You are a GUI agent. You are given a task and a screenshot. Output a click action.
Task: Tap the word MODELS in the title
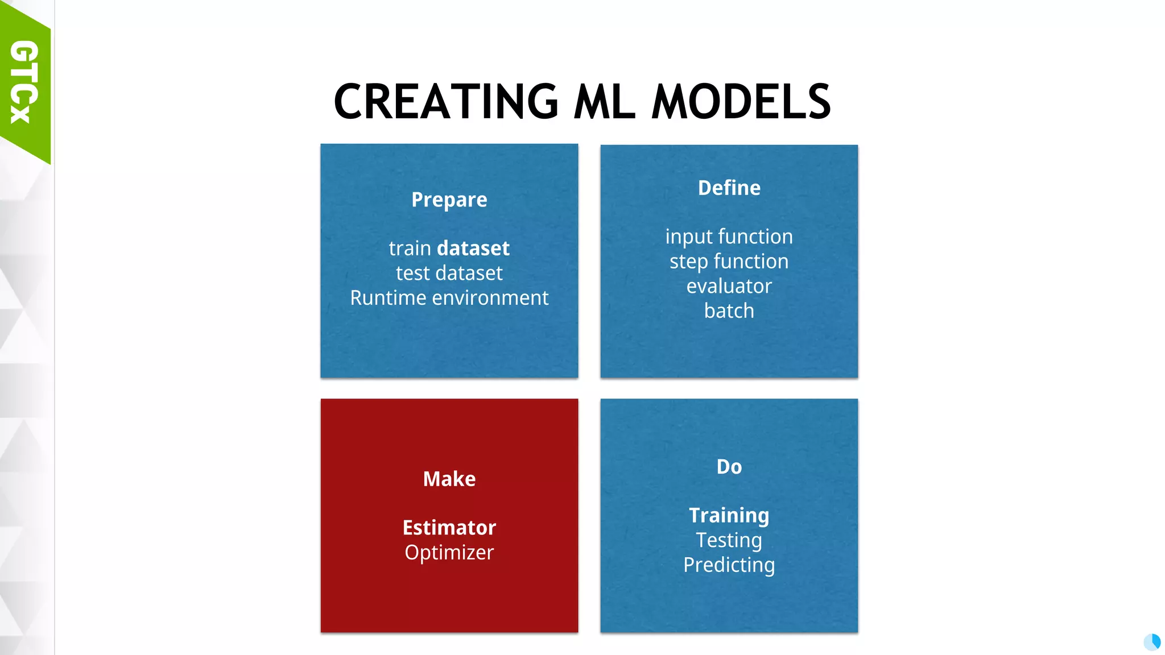tap(741, 102)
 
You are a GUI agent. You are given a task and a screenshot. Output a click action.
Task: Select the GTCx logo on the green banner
tap(24, 81)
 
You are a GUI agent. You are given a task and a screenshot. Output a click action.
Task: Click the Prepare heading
tap(449, 200)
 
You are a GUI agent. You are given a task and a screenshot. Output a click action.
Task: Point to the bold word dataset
tap(473, 248)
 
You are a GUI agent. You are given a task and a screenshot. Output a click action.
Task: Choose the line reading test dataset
tap(449, 273)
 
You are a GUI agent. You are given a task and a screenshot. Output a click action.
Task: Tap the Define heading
tap(729, 188)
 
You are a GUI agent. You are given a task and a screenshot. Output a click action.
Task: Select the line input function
tap(729, 237)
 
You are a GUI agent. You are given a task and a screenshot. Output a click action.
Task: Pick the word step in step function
tap(688, 262)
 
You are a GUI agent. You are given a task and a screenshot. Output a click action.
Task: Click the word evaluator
tap(729, 286)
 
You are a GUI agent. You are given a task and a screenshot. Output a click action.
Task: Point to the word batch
tap(729, 311)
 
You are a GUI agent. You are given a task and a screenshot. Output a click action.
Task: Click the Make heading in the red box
tap(449, 479)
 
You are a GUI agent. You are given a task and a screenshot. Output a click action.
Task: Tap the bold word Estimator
tap(449, 528)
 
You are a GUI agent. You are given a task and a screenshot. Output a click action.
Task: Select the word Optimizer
tap(449, 553)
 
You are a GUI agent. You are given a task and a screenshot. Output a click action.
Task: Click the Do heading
tap(729, 467)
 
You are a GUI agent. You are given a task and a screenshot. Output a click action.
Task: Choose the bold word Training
tap(729, 515)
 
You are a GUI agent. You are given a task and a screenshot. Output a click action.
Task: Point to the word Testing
tap(729, 540)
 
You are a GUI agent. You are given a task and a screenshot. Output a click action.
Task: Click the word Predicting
tap(729, 565)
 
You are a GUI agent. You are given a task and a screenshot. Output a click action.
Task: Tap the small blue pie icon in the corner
tap(1152, 642)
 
